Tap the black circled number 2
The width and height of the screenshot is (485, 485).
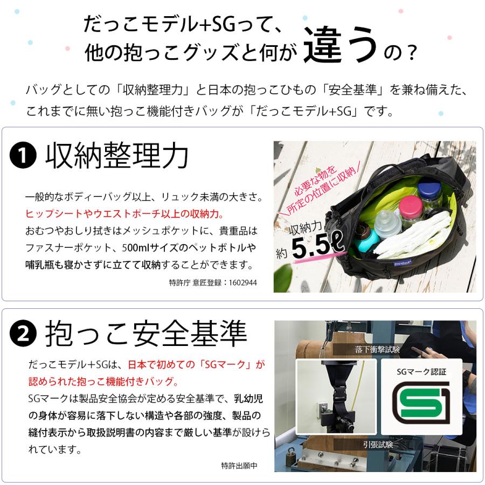(x=23, y=335)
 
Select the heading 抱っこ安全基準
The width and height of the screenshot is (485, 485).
(x=146, y=334)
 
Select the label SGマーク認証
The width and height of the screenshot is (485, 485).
(x=422, y=371)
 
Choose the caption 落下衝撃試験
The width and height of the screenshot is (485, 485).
(x=378, y=349)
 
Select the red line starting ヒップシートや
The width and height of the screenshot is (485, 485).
(x=124, y=214)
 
